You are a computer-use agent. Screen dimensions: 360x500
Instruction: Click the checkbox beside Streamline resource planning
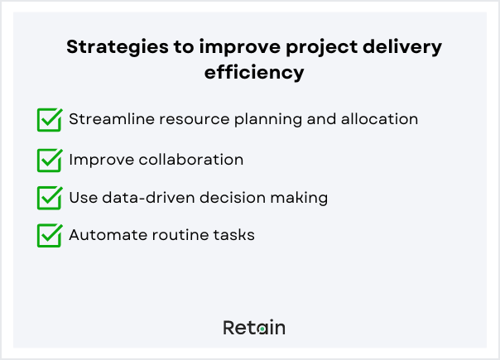pos(50,120)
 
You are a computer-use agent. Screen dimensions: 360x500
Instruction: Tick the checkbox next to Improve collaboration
pos(50,159)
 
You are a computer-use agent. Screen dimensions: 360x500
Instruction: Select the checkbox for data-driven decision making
pos(50,198)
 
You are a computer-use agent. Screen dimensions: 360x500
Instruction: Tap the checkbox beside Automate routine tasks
pos(50,236)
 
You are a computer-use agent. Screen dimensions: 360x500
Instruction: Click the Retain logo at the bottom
pos(254,328)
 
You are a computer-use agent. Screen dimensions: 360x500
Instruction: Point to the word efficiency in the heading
pos(255,73)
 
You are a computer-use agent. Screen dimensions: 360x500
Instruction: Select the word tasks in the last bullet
pos(234,235)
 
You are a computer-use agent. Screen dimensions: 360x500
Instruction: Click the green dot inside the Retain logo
pos(262,329)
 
